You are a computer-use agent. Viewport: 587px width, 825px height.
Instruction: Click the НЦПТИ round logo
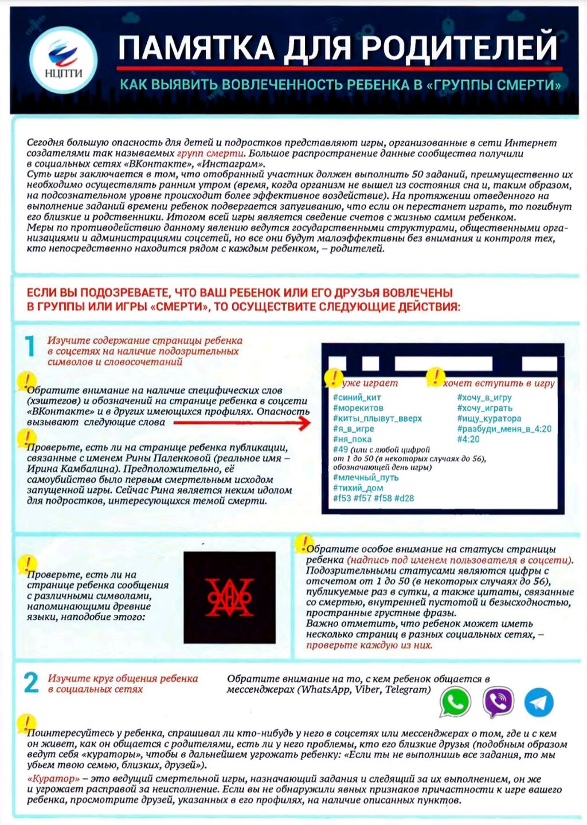click(64, 60)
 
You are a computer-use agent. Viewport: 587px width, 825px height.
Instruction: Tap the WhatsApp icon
click(455, 702)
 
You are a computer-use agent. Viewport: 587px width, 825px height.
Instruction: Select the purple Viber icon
click(498, 702)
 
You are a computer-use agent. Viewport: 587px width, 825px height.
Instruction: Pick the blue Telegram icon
click(539, 702)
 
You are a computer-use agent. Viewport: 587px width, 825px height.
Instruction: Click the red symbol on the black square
click(230, 597)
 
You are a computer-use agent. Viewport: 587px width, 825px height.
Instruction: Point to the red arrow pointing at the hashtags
click(241, 423)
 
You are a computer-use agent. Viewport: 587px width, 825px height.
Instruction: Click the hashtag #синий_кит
click(357, 397)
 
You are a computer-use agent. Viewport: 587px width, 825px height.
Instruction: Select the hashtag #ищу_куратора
click(489, 418)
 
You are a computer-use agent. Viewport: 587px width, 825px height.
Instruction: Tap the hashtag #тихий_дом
click(358, 488)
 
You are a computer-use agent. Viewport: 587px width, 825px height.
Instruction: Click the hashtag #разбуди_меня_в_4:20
click(504, 429)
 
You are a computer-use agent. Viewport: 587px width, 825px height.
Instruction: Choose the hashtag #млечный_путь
click(366, 477)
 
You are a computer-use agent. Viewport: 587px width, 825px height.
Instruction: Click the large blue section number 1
click(30, 347)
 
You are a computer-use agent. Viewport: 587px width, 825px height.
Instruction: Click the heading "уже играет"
click(370, 383)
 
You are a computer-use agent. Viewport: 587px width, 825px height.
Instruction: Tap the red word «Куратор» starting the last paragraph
click(53, 779)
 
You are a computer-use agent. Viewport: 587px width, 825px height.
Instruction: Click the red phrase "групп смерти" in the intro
click(210, 154)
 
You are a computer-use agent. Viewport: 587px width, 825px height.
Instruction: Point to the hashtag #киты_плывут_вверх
click(377, 418)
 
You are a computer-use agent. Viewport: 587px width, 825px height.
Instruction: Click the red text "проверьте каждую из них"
click(369, 645)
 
